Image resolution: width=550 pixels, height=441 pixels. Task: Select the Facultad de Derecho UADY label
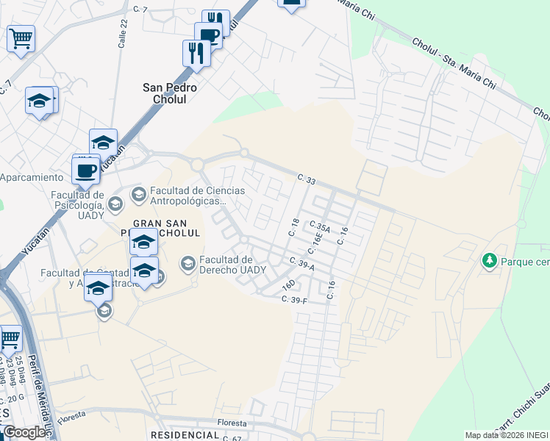(226, 264)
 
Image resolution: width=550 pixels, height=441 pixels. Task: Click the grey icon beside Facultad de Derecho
(188, 262)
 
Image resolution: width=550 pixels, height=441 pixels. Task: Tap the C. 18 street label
(294, 227)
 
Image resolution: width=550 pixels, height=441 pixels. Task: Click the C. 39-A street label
(301, 263)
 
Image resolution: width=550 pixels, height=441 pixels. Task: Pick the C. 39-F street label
(294, 298)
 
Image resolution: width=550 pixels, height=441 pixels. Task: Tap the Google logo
(25, 432)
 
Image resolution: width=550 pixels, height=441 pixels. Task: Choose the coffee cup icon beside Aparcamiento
(86, 171)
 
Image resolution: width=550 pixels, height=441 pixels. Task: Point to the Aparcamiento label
(32, 178)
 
